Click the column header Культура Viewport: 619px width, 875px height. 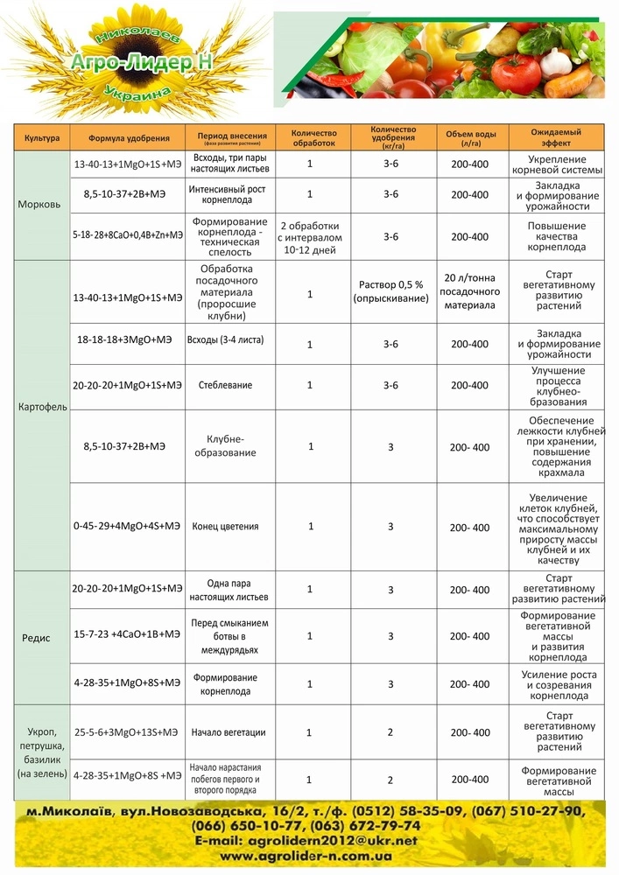[42, 138]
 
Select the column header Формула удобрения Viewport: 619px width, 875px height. [128, 138]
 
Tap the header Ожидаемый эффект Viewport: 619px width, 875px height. [556, 137]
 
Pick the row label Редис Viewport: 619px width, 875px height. [37, 638]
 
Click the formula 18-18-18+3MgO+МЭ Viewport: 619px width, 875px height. [128, 339]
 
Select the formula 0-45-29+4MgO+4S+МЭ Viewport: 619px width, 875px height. [128, 527]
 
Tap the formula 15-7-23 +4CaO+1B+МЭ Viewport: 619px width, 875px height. [128, 636]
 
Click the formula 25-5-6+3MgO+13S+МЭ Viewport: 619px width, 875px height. [128, 732]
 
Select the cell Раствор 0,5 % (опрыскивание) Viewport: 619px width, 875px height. [390, 291]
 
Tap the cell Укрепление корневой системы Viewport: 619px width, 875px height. [558, 164]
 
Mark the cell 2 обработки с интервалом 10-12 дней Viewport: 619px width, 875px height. [310, 237]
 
